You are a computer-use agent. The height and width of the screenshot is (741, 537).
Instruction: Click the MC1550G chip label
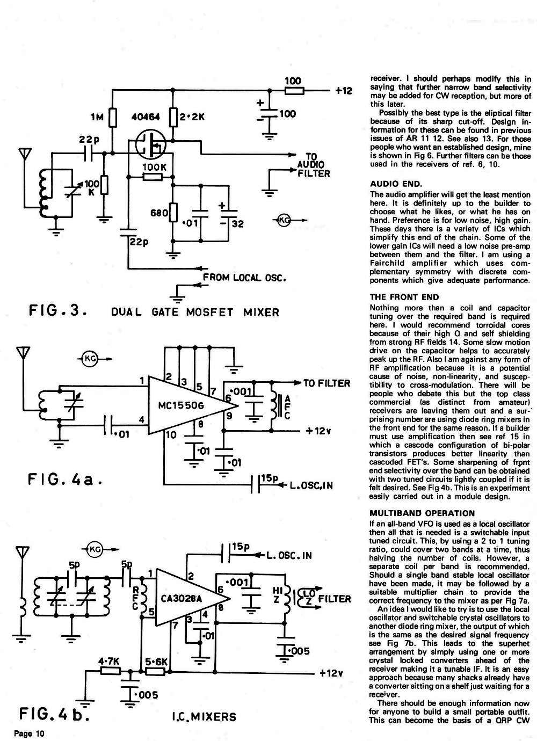tap(181, 405)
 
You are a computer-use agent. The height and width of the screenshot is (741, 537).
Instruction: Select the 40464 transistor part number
tap(146, 117)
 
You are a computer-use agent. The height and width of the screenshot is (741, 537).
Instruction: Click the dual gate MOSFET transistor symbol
tap(151, 143)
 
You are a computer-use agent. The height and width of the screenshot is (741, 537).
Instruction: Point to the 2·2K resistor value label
tap(192, 117)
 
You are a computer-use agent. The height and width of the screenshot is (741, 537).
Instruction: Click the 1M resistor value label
tap(97, 117)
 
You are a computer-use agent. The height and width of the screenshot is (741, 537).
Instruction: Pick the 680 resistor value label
tap(159, 213)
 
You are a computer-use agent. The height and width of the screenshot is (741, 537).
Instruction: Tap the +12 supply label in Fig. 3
tap(344, 91)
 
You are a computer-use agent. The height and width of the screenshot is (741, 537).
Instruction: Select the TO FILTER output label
tap(326, 383)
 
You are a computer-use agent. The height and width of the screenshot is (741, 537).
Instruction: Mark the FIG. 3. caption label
tap(58, 310)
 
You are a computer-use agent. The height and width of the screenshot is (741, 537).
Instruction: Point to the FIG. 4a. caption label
tap(65, 479)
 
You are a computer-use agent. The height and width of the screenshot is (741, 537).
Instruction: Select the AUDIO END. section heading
tap(396, 184)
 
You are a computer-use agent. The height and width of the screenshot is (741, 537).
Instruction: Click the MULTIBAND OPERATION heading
tap(422, 513)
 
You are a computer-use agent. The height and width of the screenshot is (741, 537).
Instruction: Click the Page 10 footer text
tap(29, 733)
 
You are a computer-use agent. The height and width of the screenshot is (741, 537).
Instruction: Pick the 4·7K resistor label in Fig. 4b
tap(109, 662)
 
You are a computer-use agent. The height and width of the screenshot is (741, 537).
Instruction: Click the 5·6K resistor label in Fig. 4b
tap(156, 662)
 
